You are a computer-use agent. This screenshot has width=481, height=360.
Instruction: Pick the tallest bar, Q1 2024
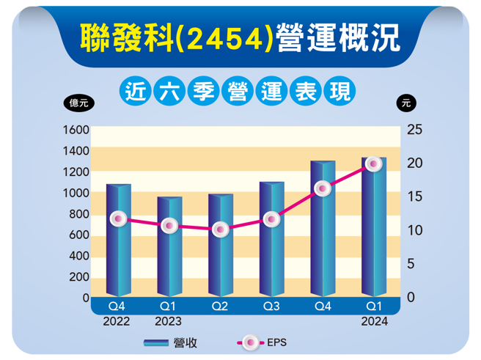click(x=373, y=235)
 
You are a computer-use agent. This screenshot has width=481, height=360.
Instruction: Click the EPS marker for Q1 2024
click(x=373, y=164)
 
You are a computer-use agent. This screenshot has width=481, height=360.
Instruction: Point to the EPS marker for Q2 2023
click(x=220, y=229)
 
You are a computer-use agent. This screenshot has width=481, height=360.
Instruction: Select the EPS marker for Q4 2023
click(x=322, y=188)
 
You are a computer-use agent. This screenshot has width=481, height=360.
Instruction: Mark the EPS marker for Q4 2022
click(x=117, y=218)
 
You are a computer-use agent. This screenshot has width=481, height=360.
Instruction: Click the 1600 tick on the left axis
click(x=77, y=130)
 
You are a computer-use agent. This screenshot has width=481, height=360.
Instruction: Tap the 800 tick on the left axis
click(x=80, y=214)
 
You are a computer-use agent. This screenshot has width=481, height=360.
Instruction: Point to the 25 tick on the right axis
click(x=414, y=130)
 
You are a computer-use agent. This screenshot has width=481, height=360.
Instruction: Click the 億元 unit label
click(x=78, y=103)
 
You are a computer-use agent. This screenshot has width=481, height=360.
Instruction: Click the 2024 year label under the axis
click(x=374, y=321)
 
